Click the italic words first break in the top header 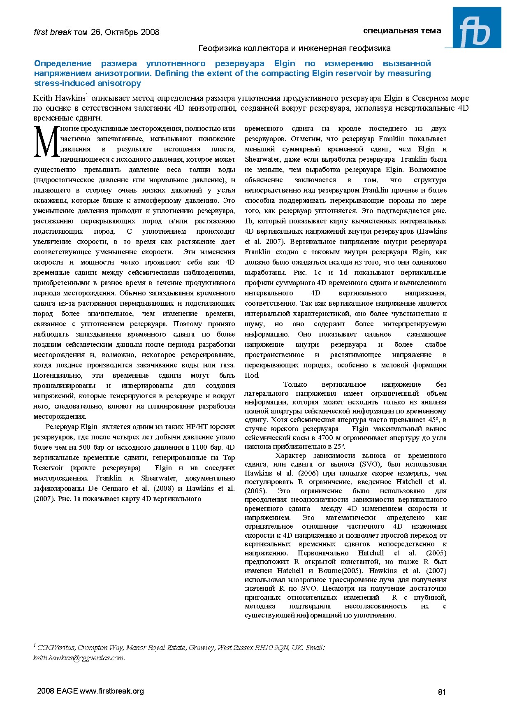pyautogui.click(x=53, y=32)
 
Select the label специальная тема pyautogui.click(x=402, y=30)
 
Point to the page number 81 pyautogui.click(x=442, y=692)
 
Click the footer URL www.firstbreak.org pyautogui.click(x=111, y=691)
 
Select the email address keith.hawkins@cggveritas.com pyautogui.click(x=78, y=658)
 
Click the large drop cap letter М pyautogui.click(x=46, y=142)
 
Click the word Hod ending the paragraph pyautogui.click(x=251, y=375)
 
